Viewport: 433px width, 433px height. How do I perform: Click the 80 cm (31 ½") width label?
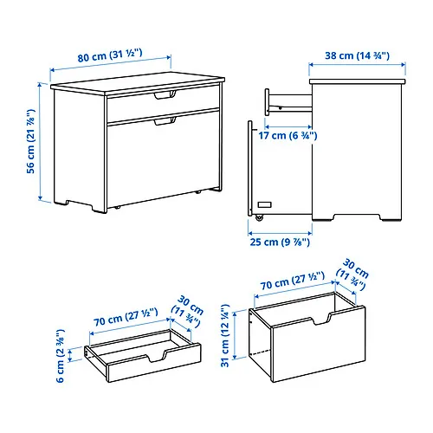(x=110, y=55)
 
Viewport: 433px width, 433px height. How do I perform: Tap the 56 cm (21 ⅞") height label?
(x=30, y=141)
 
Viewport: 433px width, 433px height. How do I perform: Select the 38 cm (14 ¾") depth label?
(x=357, y=55)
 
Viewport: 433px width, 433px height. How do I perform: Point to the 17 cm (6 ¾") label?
(x=288, y=135)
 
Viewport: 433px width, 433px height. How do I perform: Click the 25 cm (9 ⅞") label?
(x=280, y=242)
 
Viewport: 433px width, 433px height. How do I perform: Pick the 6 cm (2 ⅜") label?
(x=60, y=356)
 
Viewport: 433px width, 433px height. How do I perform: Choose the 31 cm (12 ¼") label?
(x=225, y=335)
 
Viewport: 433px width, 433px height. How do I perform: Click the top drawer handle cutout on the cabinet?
(x=165, y=95)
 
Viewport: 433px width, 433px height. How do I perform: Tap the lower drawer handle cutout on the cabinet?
(x=165, y=121)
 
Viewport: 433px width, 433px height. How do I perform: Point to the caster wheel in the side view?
(x=259, y=217)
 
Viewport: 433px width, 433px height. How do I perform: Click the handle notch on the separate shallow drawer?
(x=157, y=356)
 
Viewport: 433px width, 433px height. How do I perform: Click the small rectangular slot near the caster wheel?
(x=264, y=204)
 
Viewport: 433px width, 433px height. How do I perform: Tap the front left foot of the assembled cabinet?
(x=99, y=209)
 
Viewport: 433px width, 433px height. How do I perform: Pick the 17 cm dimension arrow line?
(x=288, y=126)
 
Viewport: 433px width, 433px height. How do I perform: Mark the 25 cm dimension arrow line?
(x=280, y=233)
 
